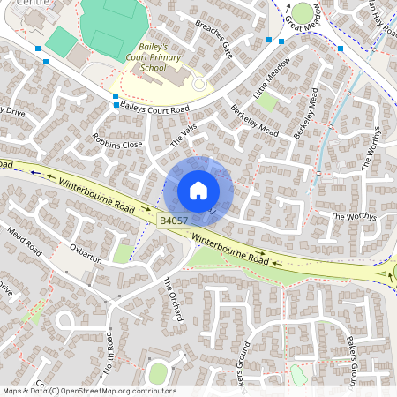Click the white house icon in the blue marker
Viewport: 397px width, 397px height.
(198, 191)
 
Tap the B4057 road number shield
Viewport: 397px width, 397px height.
(175, 219)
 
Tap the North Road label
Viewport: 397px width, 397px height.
(109, 349)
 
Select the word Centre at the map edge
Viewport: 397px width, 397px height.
(13, 4)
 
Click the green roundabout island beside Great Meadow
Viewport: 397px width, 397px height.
(303, 13)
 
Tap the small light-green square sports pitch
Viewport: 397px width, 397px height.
(61, 40)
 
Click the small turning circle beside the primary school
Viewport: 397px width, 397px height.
(198, 84)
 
